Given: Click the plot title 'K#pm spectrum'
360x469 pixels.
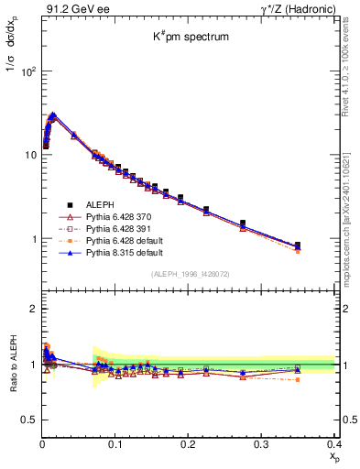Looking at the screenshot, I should (x=190, y=38).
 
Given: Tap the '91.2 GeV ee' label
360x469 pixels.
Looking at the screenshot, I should (x=69, y=9).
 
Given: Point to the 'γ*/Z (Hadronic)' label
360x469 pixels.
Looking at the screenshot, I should (x=293, y=9).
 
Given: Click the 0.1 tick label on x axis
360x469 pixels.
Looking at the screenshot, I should (x=115, y=442).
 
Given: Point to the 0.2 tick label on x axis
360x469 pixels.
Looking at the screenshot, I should (x=189, y=442).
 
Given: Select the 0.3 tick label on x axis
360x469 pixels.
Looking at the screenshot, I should (x=262, y=442).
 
